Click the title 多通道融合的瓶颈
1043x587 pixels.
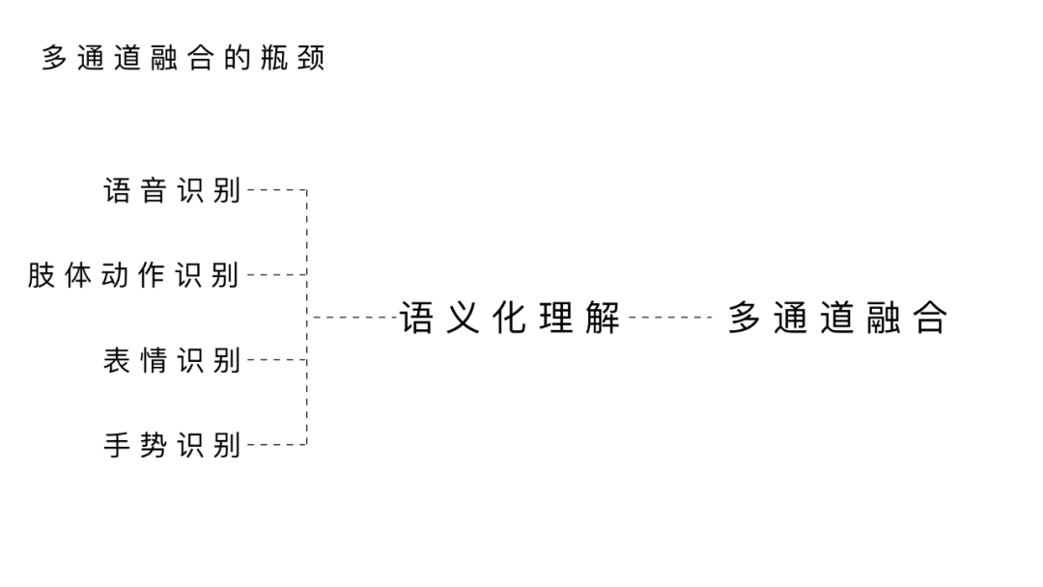pos(183,58)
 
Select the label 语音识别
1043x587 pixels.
pos(172,190)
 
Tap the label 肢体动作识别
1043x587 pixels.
pos(133,275)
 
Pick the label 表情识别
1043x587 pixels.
pos(172,360)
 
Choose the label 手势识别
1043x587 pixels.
pos(172,445)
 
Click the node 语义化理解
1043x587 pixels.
pos(511,317)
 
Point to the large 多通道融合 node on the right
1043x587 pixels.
pos(837,317)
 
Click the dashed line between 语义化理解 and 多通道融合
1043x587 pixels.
pos(669,317)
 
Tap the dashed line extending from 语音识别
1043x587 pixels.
pos(276,190)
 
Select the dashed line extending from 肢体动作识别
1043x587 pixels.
pos(276,275)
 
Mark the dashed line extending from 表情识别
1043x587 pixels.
pos(276,360)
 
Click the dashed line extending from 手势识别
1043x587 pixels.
pos(276,445)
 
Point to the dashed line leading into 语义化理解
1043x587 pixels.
pos(353,317)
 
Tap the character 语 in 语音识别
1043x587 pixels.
pos(117,190)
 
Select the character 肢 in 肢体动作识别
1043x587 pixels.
pos(41,275)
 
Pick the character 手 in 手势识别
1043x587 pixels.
pos(117,445)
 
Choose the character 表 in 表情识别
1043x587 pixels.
pos(117,360)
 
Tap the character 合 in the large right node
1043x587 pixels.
pos(930,317)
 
